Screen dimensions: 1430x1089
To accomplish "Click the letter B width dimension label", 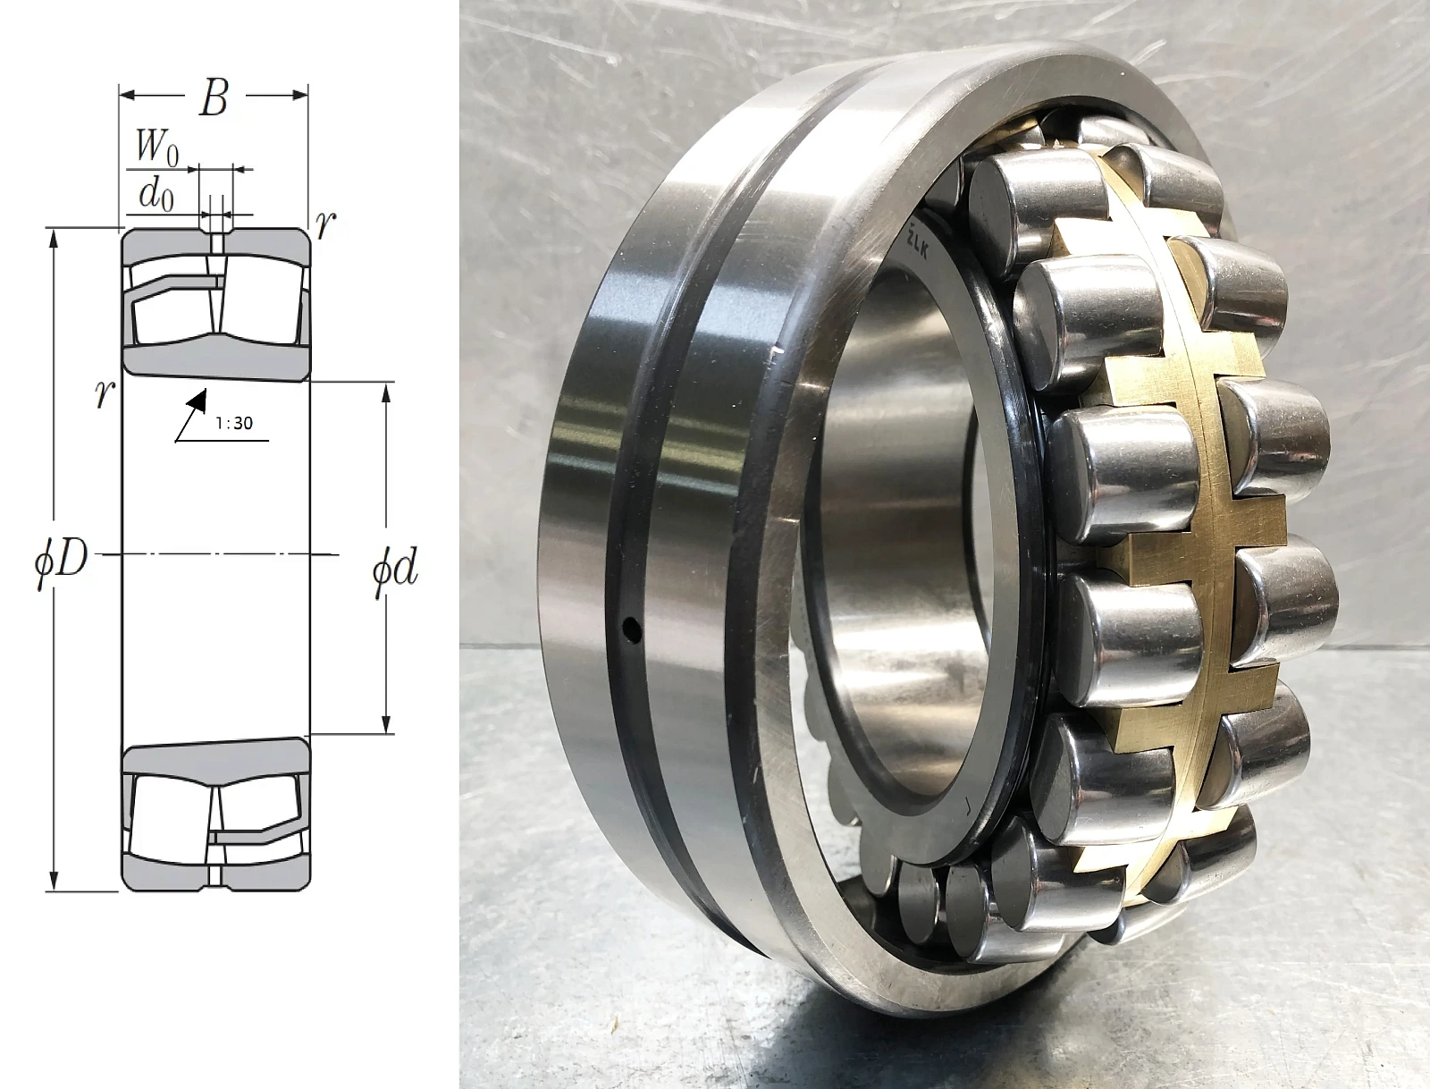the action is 214,100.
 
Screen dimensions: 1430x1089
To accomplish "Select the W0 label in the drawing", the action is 156,148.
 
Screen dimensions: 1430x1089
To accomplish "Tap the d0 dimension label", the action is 156,195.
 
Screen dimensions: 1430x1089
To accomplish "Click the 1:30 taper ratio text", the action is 234,424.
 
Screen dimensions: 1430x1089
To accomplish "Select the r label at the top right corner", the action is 325,224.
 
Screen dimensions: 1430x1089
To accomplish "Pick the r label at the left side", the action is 105,393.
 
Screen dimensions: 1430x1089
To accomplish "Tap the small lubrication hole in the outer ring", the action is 631,629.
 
